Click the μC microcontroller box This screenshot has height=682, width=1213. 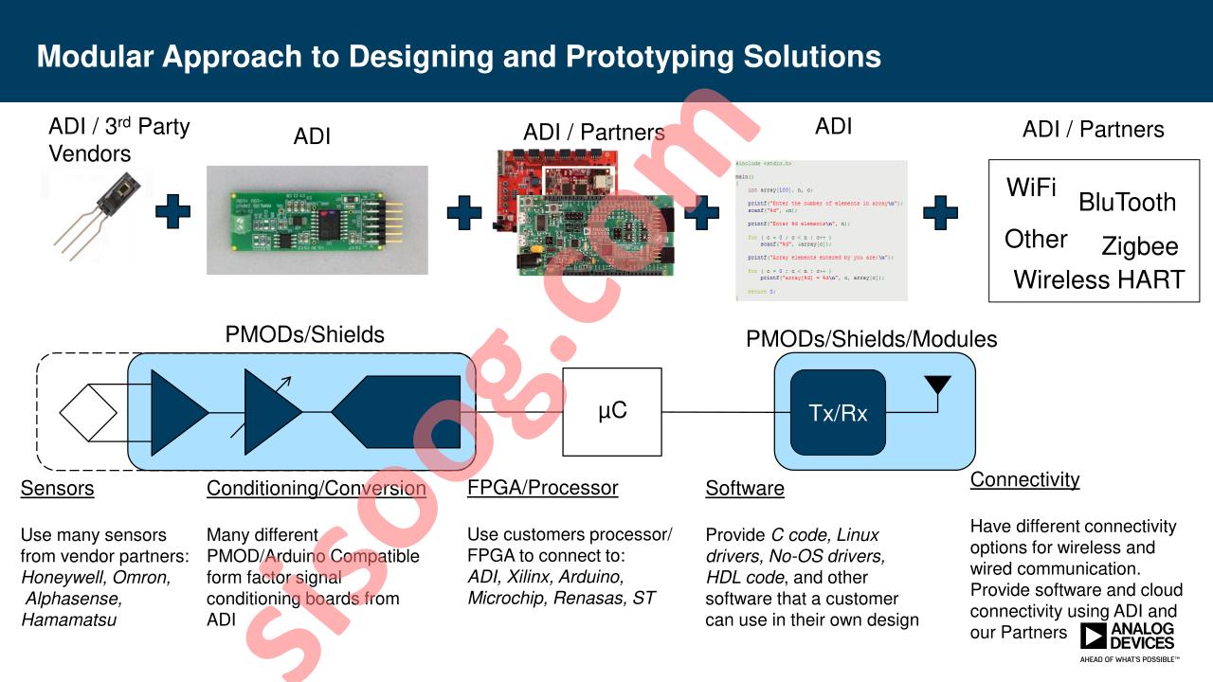612,412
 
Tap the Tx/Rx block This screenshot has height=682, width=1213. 838,413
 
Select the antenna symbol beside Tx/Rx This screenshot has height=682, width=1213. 937,386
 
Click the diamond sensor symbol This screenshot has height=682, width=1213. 88,413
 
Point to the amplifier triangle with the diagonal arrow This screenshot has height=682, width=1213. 270,411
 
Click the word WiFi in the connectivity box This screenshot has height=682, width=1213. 1031,188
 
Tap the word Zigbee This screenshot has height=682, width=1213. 1139,247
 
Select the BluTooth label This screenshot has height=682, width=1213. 1127,203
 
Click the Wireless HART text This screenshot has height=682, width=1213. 1098,280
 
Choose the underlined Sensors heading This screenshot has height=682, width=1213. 58,489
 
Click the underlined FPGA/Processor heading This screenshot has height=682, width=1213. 542,488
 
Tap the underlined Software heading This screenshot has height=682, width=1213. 745,489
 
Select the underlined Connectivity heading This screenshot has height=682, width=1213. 1024,479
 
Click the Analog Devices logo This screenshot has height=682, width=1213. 1128,639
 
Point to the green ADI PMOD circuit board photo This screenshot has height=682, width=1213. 317,220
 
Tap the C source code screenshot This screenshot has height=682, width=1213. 821,230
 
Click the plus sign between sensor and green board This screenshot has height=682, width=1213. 172,211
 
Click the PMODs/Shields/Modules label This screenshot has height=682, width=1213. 871,339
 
